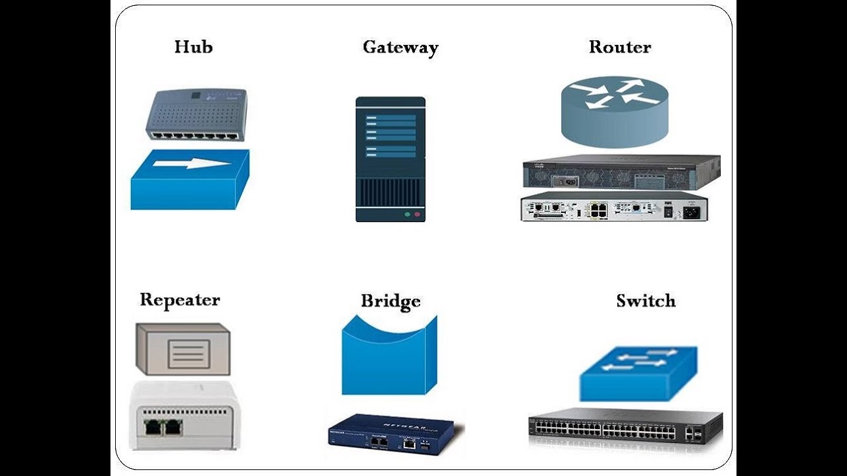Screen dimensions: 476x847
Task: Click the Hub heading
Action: coord(193,47)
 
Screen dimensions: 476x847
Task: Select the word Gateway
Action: coord(400,48)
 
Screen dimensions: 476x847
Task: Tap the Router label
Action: coord(620,47)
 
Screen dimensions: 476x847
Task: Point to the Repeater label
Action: coord(179,299)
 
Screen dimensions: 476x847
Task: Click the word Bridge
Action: coord(390,301)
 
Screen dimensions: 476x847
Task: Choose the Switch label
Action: coord(646,301)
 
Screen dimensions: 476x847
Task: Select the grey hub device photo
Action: coord(196,114)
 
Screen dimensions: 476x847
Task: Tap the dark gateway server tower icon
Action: coord(390,159)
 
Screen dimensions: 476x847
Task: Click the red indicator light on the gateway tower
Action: coord(417,215)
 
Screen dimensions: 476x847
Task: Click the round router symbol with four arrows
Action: coord(615,110)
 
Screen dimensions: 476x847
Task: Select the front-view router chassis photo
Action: coord(621,173)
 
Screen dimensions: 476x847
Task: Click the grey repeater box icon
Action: coord(183,349)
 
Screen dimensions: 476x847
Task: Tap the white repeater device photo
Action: coord(184,416)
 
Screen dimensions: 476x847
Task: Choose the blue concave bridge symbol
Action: coord(389,357)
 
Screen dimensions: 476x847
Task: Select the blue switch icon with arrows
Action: coord(638,373)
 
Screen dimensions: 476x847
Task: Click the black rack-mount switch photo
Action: coord(625,429)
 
